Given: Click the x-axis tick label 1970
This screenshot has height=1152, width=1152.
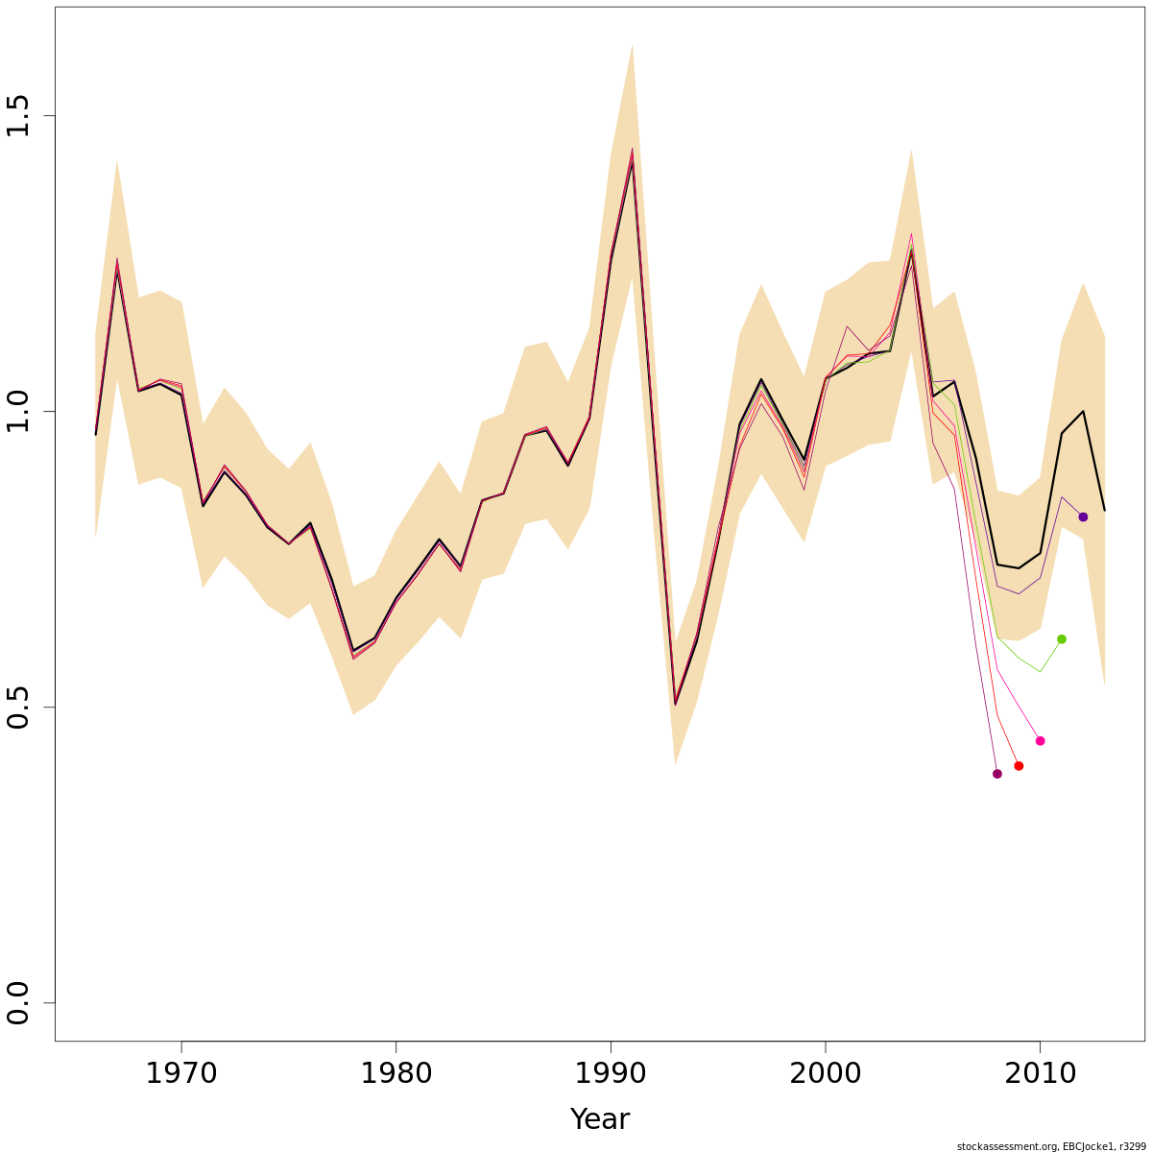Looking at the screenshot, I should coord(181,1073).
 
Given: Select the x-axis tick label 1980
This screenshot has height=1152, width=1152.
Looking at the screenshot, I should coord(396,1073).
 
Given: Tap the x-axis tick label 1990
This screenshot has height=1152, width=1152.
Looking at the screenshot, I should coord(611,1073).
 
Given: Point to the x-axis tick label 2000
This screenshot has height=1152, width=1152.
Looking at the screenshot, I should coord(826,1073).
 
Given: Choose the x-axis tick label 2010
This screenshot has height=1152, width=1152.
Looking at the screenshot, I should coord(1040,1073).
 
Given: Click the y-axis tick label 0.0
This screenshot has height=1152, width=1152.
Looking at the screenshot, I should coord(19,1002).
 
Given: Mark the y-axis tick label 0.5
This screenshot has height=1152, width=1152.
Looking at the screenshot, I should coord(19,707).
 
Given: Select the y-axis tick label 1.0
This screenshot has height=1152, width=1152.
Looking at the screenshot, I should coord(19,411).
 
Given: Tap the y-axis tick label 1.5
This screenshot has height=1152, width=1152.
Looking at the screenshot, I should coord(19,115).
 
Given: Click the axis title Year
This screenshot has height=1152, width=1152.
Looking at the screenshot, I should coord(599,1119).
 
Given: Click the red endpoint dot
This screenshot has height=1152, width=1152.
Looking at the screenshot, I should coord(1019,766).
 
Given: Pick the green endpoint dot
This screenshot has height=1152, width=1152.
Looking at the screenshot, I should coord(1062,639).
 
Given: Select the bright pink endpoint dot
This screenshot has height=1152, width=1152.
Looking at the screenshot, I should coord(1040,741).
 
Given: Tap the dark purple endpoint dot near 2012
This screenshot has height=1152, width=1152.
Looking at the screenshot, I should coord(1083,516).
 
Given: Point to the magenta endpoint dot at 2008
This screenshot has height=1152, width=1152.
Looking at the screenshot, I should coord(996,774).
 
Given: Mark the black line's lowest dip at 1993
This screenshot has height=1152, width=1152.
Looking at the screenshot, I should coord(675,705).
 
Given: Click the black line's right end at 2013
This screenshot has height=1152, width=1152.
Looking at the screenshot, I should coord(1104,510).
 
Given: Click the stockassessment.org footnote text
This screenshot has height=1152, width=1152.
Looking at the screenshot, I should coord(1051,1146).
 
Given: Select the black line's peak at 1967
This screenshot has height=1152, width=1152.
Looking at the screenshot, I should coord(117,269).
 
